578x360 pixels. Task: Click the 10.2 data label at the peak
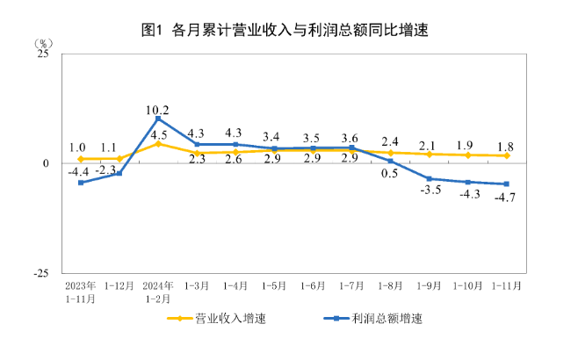pos(157,110)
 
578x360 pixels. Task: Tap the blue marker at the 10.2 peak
pos(158,119)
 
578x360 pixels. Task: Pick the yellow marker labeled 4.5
pos(158,143)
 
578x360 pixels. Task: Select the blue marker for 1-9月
pos(429,179)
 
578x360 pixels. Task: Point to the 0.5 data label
pos(390,174)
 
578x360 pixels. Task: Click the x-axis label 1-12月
pos(119,285)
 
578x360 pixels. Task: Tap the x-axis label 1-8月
pos(389,285)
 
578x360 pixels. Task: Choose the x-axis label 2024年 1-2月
pos(158,292)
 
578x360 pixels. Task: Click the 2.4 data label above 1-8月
pos(390,141)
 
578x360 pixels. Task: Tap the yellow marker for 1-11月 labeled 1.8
pos(506,155)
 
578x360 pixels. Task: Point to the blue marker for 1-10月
pos(467,182)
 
